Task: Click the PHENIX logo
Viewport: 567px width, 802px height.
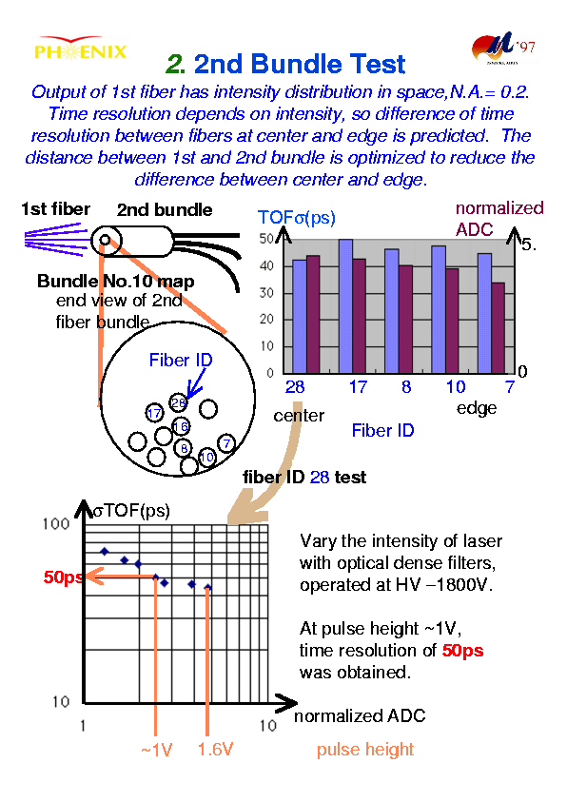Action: coord(80,49)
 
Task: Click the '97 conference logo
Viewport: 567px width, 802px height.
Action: coord(503,49)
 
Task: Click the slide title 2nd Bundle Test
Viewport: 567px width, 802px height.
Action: coord(285,64)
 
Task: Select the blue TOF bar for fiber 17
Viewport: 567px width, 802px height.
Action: coord(345,306)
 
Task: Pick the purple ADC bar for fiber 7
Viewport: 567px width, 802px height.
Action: coord(498,328)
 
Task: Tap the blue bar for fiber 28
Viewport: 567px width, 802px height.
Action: coord(299,317)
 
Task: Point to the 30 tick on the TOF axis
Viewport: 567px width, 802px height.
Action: coord(266,293)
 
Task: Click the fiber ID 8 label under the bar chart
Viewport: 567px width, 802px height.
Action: coord(406,387)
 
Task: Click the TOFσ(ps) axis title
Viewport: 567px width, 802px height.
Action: coord(297,217)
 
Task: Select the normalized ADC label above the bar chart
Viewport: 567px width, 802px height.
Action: coord(499,219)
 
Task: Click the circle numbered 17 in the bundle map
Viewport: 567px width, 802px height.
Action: coord(154,413)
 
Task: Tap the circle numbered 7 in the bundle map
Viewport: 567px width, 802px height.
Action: coord(226,443)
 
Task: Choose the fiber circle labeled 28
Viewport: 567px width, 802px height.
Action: coord(178,403)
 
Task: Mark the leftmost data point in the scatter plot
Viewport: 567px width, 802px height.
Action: coord(105,552)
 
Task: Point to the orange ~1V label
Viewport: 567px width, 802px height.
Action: coord(156,750)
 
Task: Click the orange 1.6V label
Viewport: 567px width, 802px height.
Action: coord(215,750)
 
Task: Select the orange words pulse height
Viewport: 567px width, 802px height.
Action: coord(365,750)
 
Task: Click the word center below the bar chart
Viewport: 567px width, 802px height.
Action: coord(299,416)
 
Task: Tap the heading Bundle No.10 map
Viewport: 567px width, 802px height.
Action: coord(115,281)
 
